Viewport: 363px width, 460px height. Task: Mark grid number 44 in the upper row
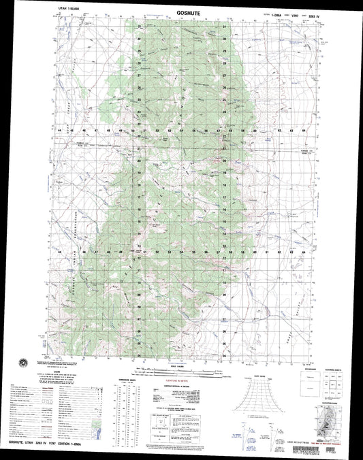tap(61, 129)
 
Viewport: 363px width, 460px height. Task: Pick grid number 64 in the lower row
tap(304, 252)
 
